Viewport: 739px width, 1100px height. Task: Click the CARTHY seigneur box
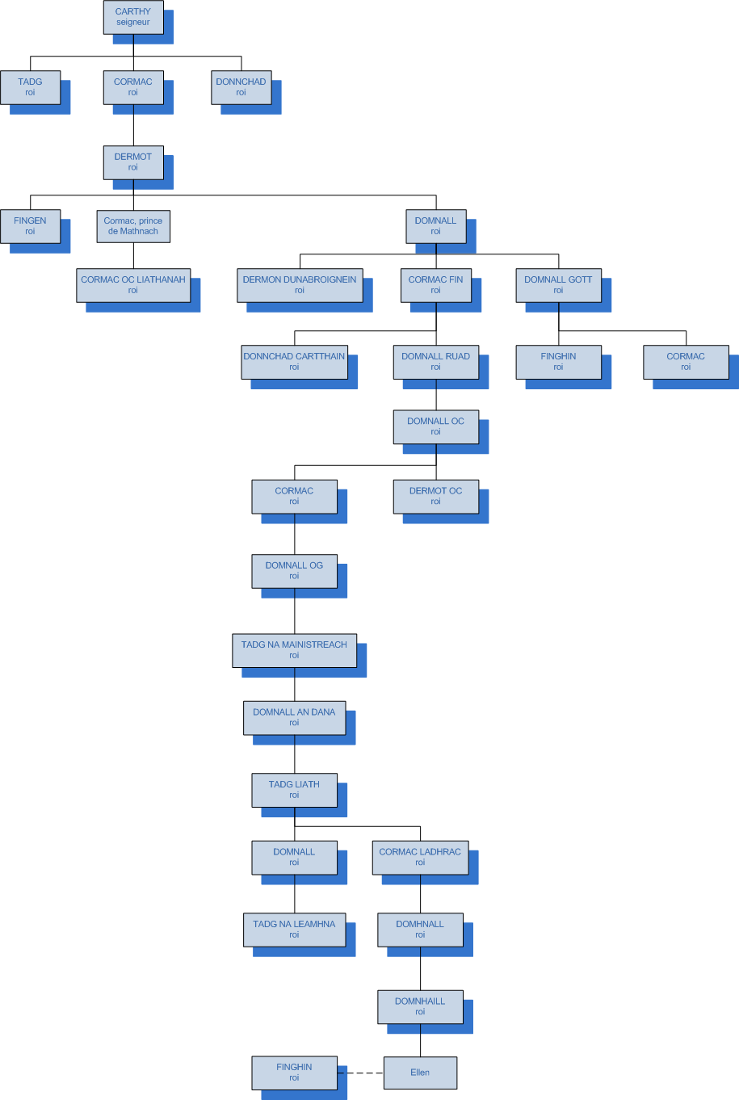(133, 17)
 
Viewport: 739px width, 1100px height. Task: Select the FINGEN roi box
(30, 226)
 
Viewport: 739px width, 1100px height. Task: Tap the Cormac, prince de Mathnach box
(133, 226)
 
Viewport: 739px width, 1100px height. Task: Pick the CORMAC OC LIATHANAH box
(133, 285)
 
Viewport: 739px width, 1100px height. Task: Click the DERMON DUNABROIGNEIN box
(300, 285)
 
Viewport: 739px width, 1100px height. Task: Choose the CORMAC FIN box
(435, 285)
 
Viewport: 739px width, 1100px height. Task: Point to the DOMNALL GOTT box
(558, 285)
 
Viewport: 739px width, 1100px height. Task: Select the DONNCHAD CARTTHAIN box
(294, 362)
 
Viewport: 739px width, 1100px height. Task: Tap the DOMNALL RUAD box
(435, 362)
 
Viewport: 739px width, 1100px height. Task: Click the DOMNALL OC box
(435, 426)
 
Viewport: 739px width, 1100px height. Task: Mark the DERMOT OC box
(435, 496)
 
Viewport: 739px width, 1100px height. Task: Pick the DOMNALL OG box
(294, 571)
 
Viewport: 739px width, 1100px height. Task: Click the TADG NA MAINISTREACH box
(294, 650)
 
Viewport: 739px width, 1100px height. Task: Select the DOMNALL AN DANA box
(294, 717)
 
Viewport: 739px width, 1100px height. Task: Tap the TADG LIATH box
(294, 790)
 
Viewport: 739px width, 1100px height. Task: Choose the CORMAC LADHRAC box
(420, 857)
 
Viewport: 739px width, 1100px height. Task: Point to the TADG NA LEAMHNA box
(294, 930)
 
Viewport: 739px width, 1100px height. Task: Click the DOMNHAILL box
(420, 1006)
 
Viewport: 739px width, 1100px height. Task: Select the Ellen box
(420, 1073)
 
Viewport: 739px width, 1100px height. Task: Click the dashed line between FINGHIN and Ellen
(360, 1073)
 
